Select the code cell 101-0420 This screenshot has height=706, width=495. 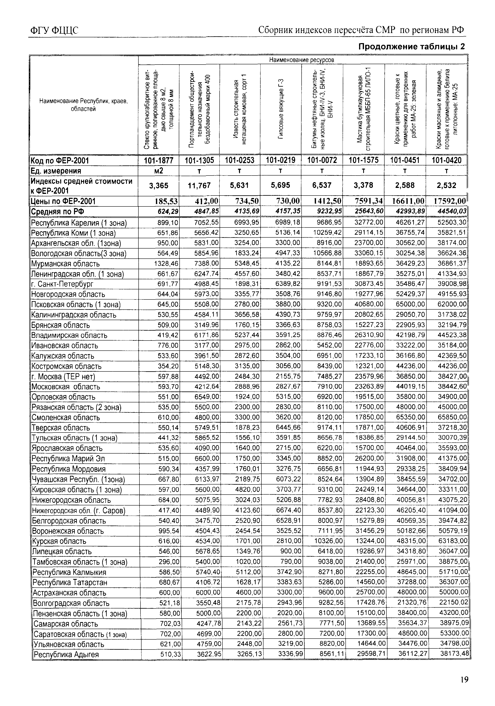446,160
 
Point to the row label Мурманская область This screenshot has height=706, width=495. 66,264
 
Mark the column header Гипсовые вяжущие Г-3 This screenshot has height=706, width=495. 280,109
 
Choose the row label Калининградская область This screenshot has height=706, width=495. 74,315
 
